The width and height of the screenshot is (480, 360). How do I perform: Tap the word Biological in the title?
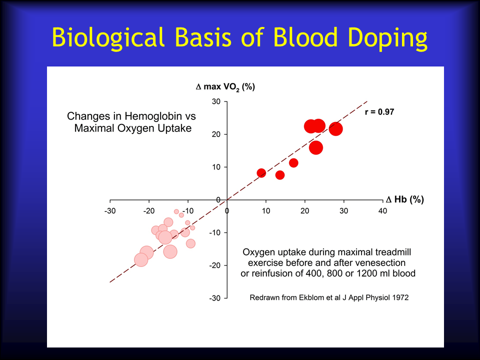108,37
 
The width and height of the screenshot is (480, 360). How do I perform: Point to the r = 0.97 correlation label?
379,112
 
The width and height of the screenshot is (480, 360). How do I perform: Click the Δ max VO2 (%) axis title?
225,87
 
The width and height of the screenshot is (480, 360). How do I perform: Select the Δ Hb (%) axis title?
404,199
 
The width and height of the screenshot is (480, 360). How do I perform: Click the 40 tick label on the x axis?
382,211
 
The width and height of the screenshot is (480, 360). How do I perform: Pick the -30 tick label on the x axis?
110,211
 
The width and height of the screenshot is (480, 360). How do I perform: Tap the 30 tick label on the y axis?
216,101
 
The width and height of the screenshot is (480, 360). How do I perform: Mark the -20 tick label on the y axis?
215,265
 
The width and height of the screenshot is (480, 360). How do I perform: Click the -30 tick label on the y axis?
215,298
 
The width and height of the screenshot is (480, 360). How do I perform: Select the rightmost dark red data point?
336,129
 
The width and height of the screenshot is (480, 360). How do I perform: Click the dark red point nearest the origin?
261,173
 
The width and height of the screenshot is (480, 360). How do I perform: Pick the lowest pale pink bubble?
141,260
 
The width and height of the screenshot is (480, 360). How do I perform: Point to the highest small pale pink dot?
176,211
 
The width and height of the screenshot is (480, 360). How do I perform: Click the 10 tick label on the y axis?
216,167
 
